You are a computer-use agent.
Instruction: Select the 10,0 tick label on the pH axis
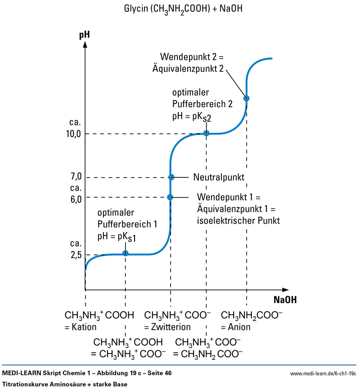click(x=72, y=134)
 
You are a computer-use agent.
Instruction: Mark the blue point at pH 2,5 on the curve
click(x=126, y=253)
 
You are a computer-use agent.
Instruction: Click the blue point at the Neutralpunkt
click(x=171, y=177)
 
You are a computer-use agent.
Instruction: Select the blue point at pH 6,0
click(x=170, y=197)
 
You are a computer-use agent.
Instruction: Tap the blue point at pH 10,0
click(x=206, y=133)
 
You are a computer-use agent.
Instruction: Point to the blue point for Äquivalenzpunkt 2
click(x=246, y=98)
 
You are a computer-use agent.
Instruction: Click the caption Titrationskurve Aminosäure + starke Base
click(x=65, y=384)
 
